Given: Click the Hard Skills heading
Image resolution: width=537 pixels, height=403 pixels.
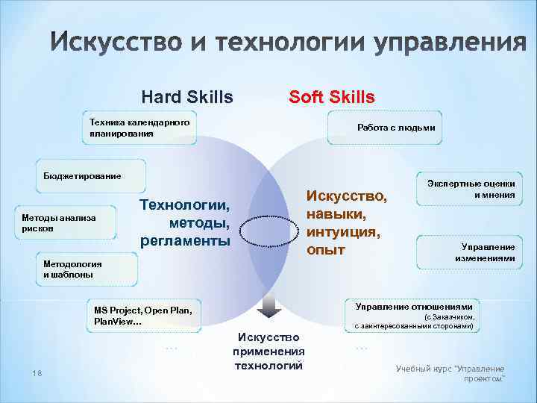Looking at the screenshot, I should coord(186,97).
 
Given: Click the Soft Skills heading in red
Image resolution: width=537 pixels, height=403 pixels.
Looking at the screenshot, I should coord(332,97).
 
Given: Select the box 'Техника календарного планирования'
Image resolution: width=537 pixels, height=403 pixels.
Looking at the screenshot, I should coord(139,128).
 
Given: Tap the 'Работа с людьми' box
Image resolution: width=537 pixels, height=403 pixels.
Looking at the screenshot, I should coord(395,128).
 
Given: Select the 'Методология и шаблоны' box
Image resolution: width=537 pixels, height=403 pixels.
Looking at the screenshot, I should coord(87,269).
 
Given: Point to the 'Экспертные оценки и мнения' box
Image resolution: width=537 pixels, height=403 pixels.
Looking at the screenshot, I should coord(471,190).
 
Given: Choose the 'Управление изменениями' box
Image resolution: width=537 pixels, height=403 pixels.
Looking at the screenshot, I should coord(470,252).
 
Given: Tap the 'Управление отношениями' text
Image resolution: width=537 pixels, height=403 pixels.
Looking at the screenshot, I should coord(414,307).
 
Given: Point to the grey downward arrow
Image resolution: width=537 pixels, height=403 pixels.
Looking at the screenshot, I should coord(268,307).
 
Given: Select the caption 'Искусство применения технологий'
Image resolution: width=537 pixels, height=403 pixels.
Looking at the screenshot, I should coord(268,351).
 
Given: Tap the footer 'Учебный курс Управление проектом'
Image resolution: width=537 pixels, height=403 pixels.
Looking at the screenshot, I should coord(450,373).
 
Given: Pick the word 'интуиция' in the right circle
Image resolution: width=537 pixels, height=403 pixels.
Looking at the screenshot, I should coord(343,231).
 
